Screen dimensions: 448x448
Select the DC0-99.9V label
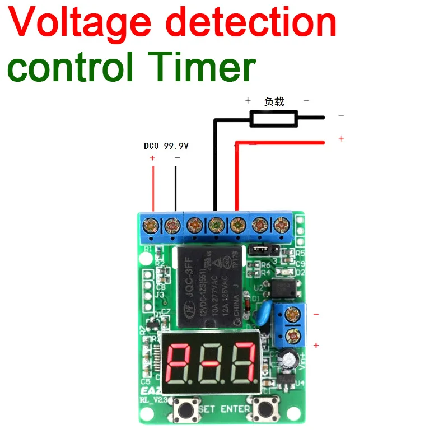point(166,146)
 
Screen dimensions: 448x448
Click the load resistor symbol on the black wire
point(274,118)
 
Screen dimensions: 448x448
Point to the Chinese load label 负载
point(274,101)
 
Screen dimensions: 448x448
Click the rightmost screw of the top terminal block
point(280,226)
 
